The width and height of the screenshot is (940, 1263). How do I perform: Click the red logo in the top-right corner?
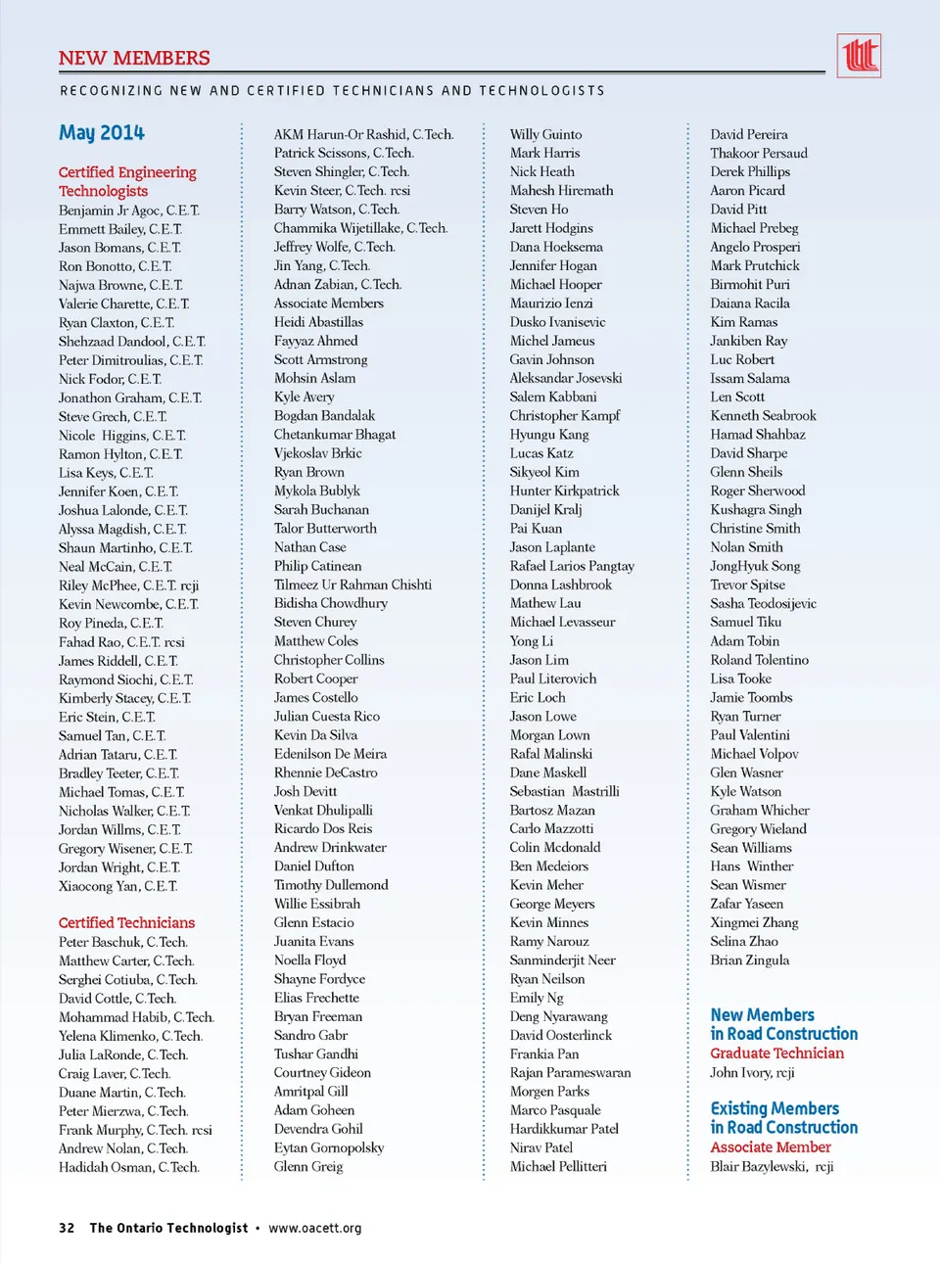[859, 55]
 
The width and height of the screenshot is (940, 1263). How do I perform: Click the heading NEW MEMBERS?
[134, 58]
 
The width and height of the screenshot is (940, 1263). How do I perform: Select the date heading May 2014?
[102, 132]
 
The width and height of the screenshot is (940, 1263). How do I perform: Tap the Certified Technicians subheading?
[126, 922]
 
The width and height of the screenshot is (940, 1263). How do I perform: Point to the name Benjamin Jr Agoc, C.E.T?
[128, 210]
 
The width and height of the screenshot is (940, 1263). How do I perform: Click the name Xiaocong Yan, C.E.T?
[117, 886]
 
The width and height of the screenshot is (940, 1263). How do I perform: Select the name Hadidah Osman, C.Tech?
[128, 1167]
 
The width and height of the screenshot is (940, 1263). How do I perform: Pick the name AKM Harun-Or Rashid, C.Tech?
[363, 134]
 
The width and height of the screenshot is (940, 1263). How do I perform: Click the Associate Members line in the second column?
[328, 303]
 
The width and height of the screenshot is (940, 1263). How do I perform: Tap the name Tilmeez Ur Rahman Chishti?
[352, 585]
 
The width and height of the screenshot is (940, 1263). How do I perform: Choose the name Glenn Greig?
[308, 1166]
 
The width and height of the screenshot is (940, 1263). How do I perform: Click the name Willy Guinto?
[545, 134]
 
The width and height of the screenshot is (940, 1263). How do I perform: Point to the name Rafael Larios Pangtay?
[572, 566]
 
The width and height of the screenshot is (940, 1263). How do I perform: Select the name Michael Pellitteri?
[558, 1166]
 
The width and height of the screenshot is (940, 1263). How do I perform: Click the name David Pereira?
[749, 134]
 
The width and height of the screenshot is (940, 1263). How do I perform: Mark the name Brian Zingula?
[749, 959]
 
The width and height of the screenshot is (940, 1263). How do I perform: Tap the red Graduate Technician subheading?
[776, 1052]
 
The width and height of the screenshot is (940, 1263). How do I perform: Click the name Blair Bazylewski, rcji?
[772, 1166]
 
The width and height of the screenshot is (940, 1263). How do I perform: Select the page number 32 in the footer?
[67, 1228]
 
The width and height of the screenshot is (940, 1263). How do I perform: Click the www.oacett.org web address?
[314, 1228]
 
